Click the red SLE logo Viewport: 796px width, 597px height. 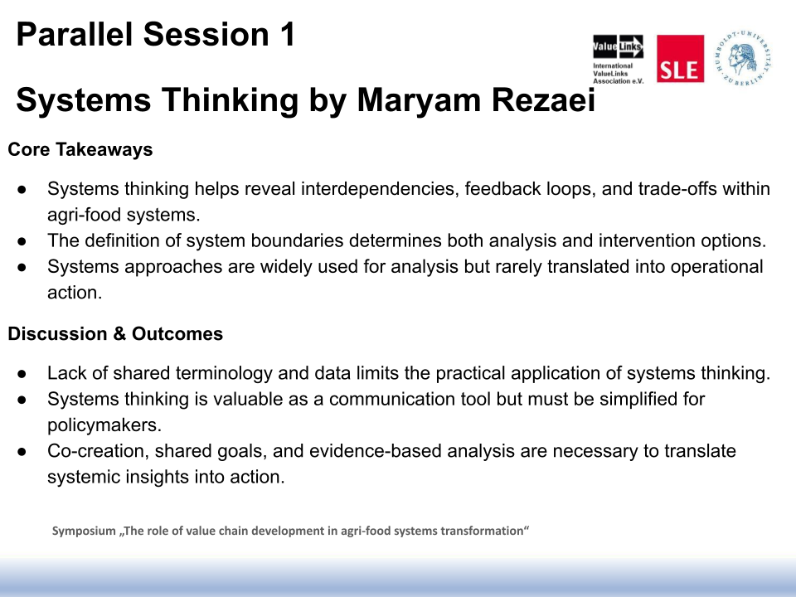tap(680, 58)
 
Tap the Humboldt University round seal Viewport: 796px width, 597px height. tap(743, 57)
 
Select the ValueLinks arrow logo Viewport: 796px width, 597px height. tap(618, 46)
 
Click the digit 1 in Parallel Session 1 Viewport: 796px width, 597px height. tap(287, 35)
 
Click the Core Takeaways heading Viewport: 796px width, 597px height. tap(80, 149)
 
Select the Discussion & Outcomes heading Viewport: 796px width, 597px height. tap(115, 333)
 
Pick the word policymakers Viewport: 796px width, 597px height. tap(104, 425)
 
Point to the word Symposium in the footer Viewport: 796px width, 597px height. tap(84, 531)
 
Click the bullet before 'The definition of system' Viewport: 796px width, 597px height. tap(22, 241)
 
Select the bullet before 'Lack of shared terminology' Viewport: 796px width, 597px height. tap(22, 374)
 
